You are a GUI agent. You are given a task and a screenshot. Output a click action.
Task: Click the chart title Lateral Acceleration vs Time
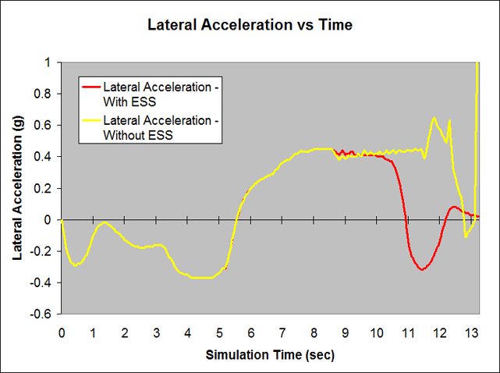(250, 25)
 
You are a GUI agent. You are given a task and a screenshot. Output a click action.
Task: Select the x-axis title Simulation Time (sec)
(270, 355)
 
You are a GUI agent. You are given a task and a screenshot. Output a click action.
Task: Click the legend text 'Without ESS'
(137, 134)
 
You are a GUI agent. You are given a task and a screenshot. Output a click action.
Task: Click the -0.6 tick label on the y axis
(44, 314)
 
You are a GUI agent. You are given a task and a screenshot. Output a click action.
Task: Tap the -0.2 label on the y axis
(44, 251)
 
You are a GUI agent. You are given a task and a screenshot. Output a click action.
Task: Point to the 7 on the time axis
(282, 331)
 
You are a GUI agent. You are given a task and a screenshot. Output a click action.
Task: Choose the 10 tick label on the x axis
(377, 331)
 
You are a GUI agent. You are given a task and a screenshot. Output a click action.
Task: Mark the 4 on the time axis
(188, 331)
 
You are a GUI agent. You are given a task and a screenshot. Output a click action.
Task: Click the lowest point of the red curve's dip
(422, 269)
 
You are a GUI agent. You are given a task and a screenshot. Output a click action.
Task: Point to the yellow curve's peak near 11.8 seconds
(434, 119)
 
